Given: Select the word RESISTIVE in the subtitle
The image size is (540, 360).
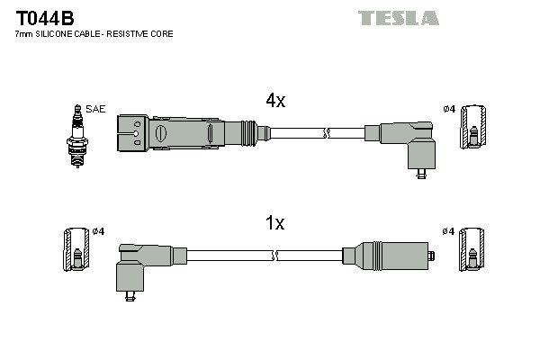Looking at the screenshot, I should [134, 33].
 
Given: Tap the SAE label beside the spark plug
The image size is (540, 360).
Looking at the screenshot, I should [96, 109].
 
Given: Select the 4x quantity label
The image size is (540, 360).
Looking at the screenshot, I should [274, 102].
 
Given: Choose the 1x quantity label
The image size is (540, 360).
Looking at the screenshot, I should [274, 222].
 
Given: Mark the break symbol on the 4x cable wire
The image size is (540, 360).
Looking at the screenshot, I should [328, 133].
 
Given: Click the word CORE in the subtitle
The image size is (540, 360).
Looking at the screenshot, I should [163, 33].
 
